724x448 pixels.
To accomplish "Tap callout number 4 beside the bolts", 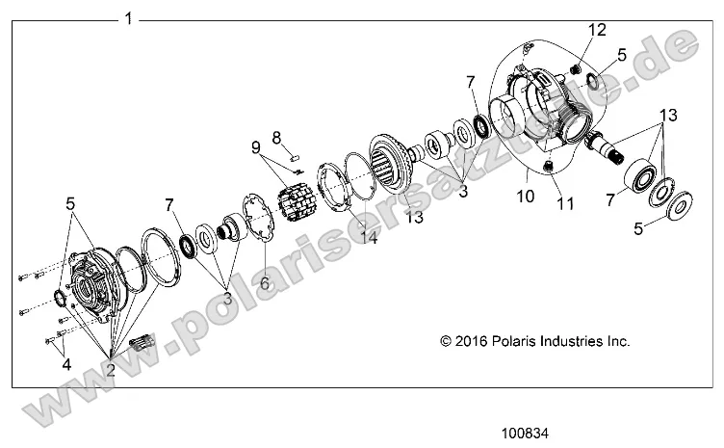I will tap(65, 364).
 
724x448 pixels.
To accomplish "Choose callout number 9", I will tap(256, 149).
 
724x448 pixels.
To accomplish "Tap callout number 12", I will tap(597, 30).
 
